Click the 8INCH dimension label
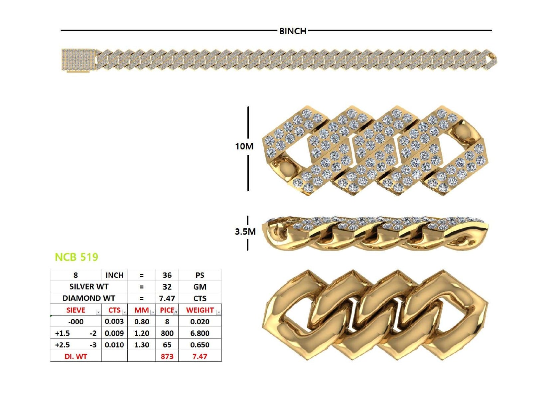pyautogui.click(x=293, y=31)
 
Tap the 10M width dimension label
pyautogui.click(x=244, y=146)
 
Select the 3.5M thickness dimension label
pyautogui.click(x=245, y=232)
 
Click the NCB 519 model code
pyautogui.click(x=76, y=257)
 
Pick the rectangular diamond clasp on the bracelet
pyautogui.click(x=78, y=60)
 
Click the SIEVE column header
pyautogui.click(x=76, y=310)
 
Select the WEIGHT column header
pyautogui.click(x=200, y=310)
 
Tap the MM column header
pyautogui.click(x=142, y=310)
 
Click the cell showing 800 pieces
pyautogui.click(x=167, y=333)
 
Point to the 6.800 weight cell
pyautogui.click(x=200, y=333)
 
